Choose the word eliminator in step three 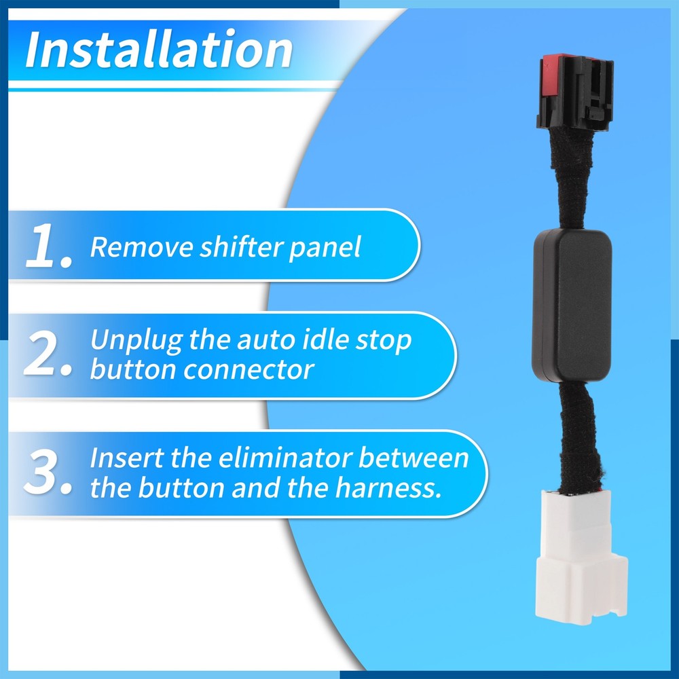(285, 458)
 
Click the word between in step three (414, 458)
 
